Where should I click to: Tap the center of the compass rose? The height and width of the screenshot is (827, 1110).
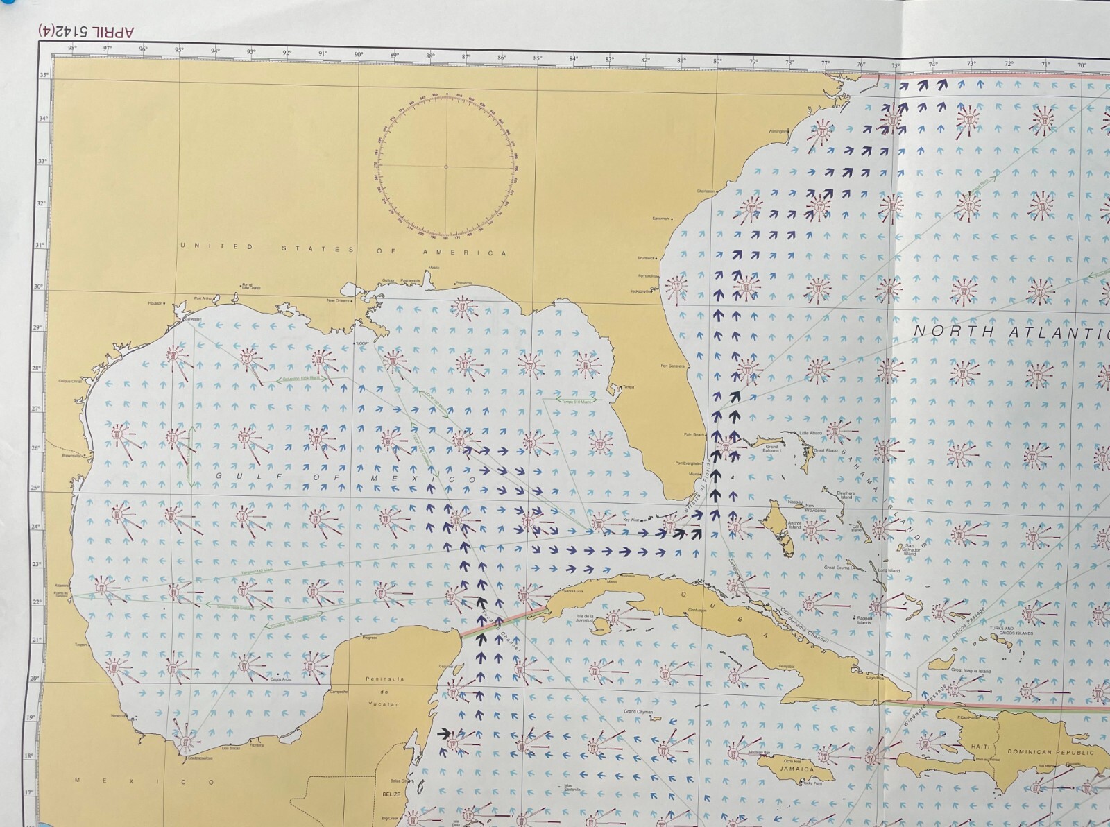pyautogui.click(x=446, y=166)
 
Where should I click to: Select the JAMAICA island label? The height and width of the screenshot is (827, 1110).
pyautogui.click(x=796, y=769)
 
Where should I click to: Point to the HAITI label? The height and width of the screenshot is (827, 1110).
pyautogui.click(x=980, y=747)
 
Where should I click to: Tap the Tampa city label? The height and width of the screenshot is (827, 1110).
pyautogui.click(x=629, y=386)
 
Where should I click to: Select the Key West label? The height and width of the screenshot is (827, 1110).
pyautogui.click(x=630, y=519)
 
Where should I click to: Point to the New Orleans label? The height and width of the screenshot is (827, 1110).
pyautogui.click(x=340, y=300)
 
